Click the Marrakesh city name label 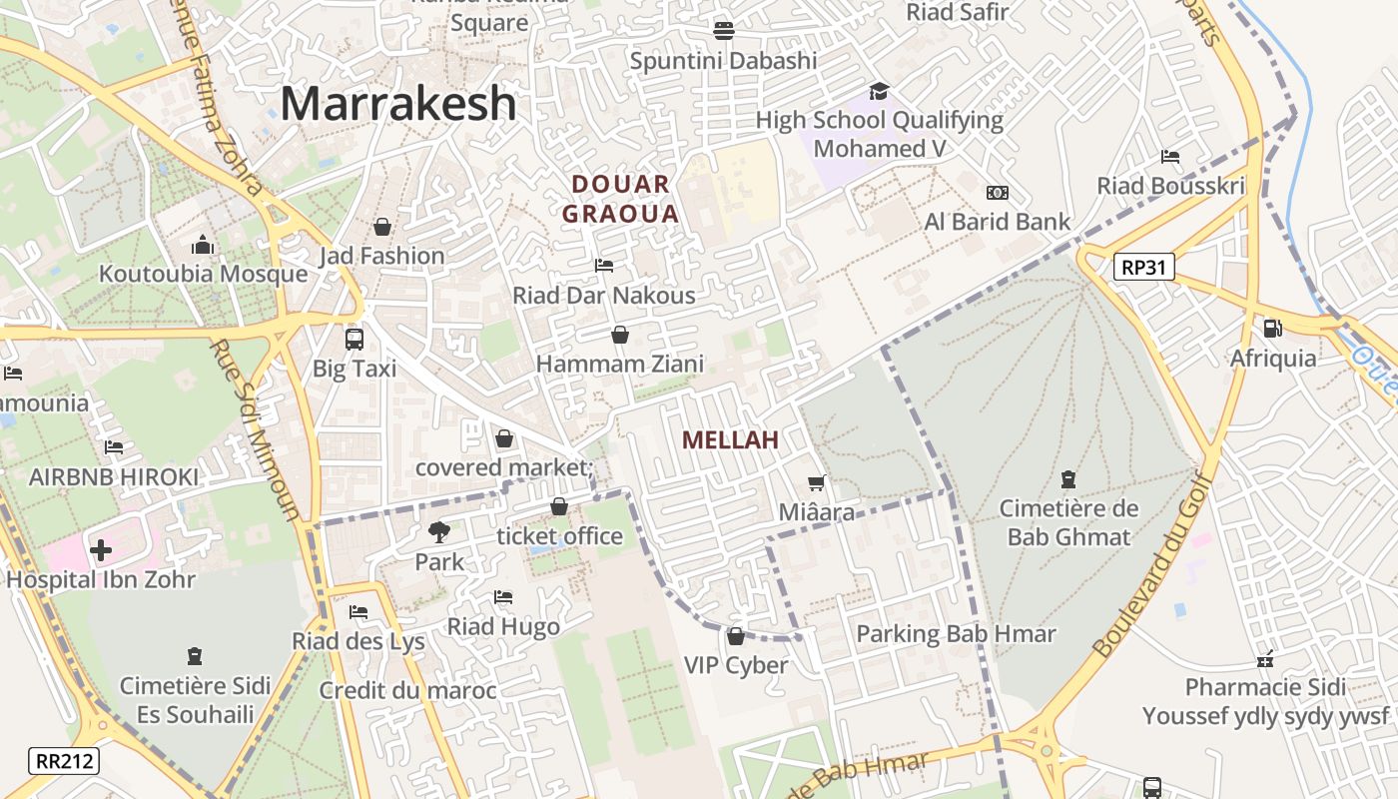point(397,104)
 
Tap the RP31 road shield point(1144,267)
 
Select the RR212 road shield point(65,761)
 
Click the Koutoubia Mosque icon point(203,245)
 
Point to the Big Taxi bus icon point(354,340)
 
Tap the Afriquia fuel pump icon point(1272,329)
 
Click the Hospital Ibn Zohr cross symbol point(100,550)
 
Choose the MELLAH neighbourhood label point(730,439)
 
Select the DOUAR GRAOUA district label point(620,199)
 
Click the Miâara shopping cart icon point(817,483)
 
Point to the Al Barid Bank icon point(997,193)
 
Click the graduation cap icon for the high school point(879,92)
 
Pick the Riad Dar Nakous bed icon point(604,266)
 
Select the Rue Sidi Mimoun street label point(256,429)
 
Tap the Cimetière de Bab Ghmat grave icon point(1068,479)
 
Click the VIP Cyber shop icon point(736,636)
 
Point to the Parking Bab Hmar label point(956,634)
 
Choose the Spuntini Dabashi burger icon point(724,31)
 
